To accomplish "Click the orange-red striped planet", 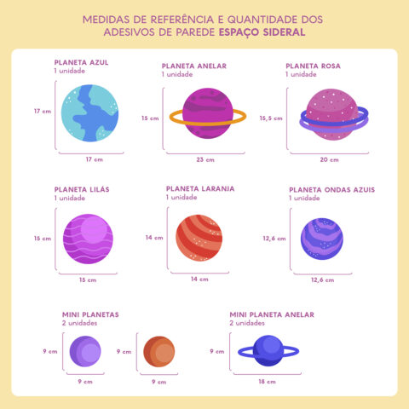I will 199,238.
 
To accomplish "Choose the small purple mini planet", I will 84,351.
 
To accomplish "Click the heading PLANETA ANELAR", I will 195,66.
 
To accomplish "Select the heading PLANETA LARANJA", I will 200,188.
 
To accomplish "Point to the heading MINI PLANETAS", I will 89,314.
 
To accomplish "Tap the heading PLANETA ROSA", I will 314,66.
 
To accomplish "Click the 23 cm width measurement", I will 204,159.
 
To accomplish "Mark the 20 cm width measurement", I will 328,159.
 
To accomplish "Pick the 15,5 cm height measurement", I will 271,118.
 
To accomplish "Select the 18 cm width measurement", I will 267,382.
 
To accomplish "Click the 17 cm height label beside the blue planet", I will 42,112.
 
